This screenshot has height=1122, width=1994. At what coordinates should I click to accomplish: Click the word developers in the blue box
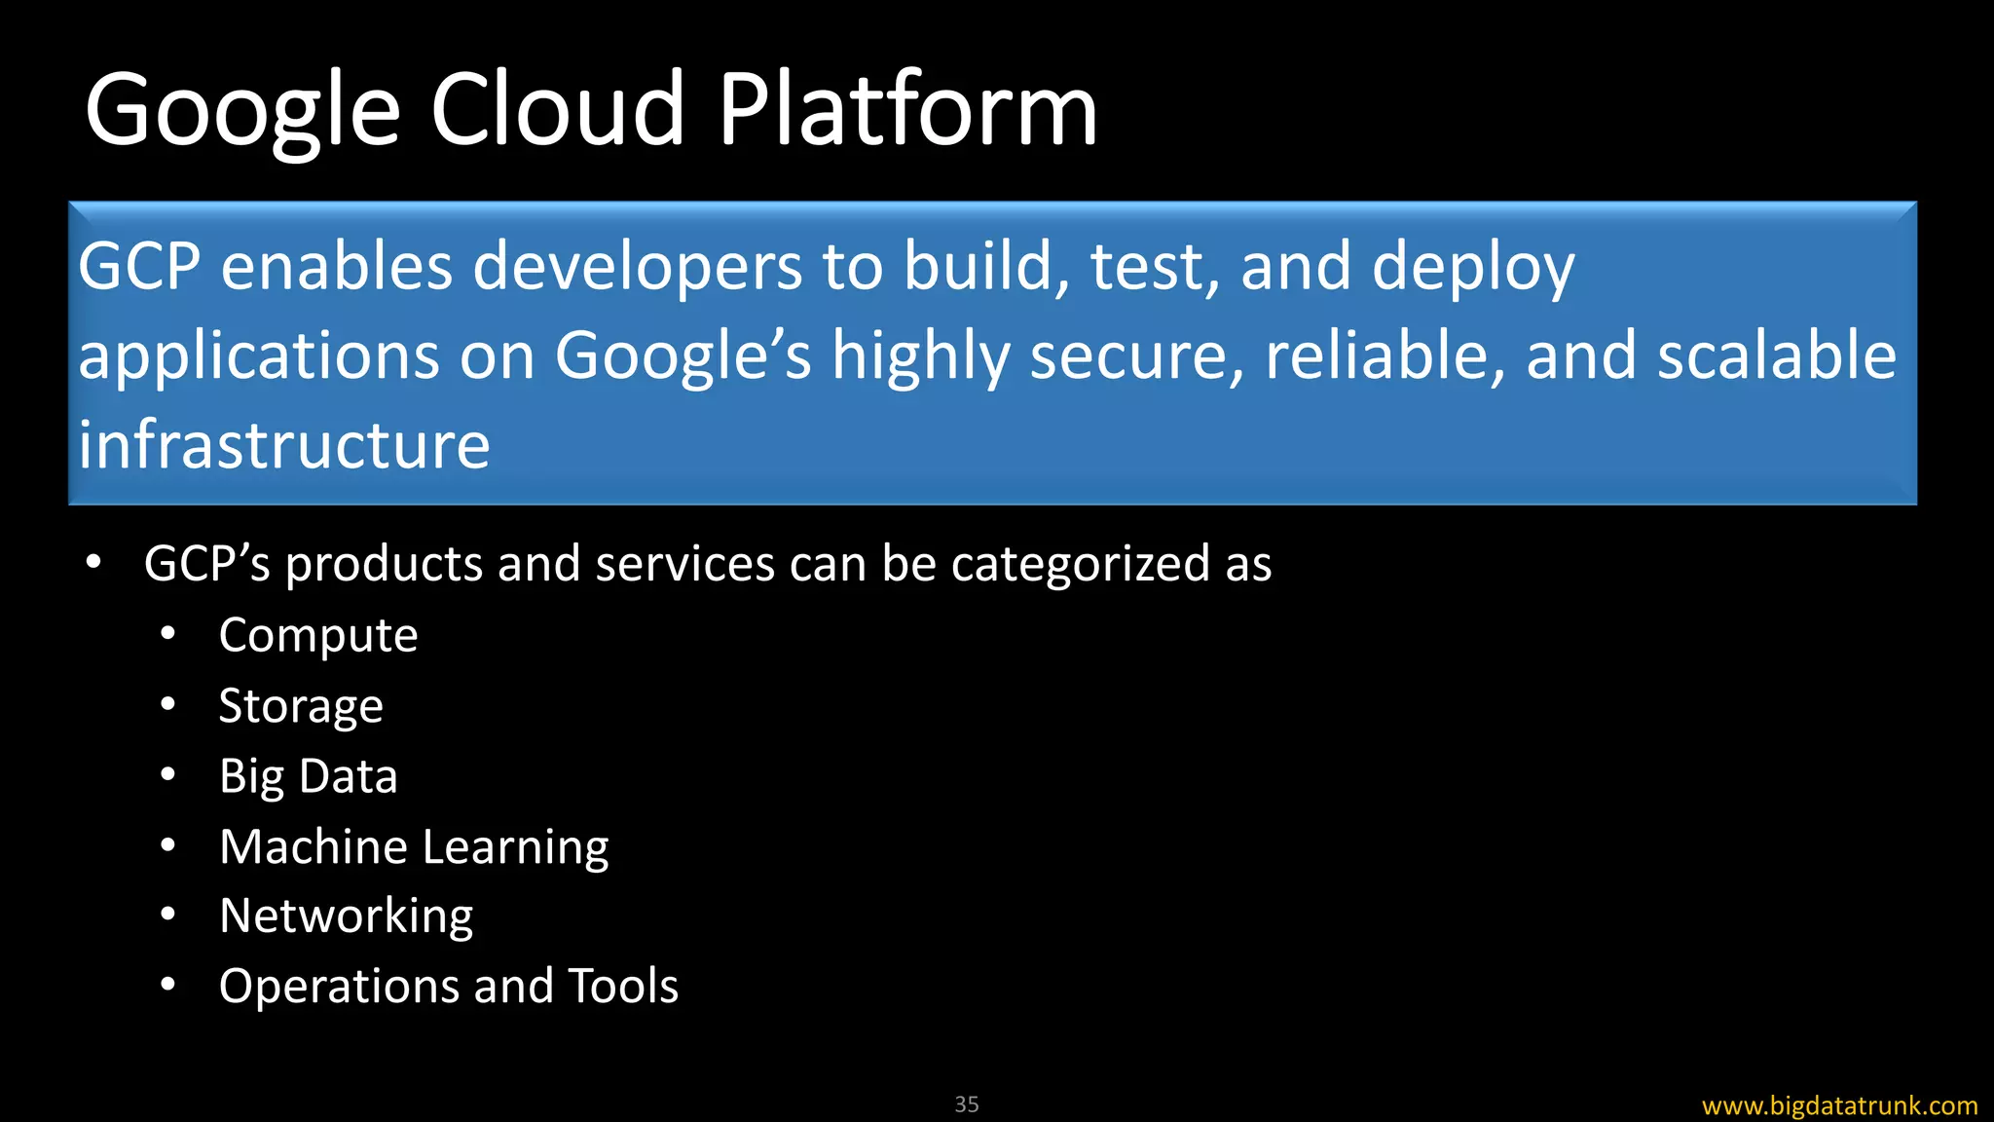click(x=638, y=266)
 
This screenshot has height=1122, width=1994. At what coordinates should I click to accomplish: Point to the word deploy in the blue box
click(x=1472, y=268)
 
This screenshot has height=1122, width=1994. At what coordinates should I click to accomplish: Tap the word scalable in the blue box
click(x=1777, y=355)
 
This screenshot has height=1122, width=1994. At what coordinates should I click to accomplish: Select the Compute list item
click(x=318, y=636)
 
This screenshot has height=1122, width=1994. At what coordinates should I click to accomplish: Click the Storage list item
click(x=301, y=706)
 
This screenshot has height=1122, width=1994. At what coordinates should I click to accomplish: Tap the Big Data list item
click(x=309, y=776)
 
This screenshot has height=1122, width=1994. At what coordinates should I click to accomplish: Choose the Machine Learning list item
click(x=414, y=846)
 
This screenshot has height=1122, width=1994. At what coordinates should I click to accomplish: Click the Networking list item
click(x=346, y=916)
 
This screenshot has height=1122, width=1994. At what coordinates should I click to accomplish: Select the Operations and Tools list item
click(x=449, y=986)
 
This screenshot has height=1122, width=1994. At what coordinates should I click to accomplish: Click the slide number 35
click(x=967, y=1104)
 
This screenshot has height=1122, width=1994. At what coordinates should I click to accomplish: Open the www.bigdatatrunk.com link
click(x=1839, y=1105)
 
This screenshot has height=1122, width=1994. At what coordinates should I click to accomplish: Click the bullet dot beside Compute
click(x=168, y=634)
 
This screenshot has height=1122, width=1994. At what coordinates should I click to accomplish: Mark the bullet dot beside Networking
click(x=168, y=915)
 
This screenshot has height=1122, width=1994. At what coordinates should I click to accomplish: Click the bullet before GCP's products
click(x=93, y=562)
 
